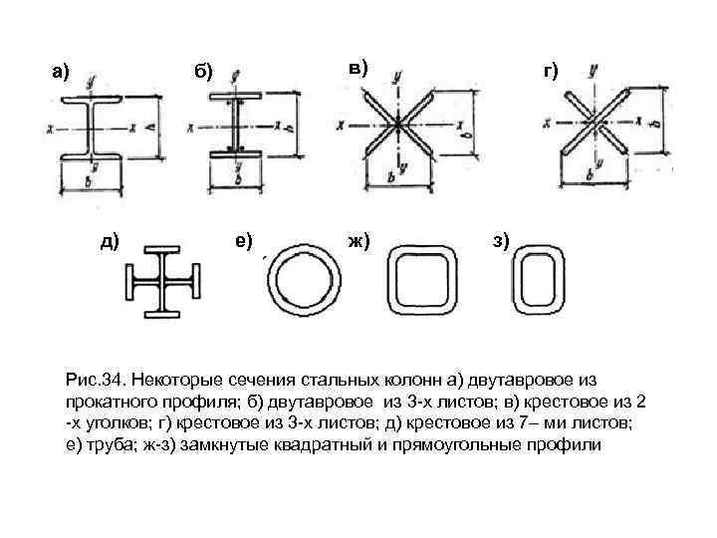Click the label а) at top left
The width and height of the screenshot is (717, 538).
coord(61,72)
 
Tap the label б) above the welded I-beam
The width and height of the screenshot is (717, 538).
coord(203,72)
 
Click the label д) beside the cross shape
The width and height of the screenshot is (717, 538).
coord(109,239)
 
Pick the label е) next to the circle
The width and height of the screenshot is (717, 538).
coord(243,239)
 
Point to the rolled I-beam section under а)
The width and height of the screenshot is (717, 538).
coord(90,128)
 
